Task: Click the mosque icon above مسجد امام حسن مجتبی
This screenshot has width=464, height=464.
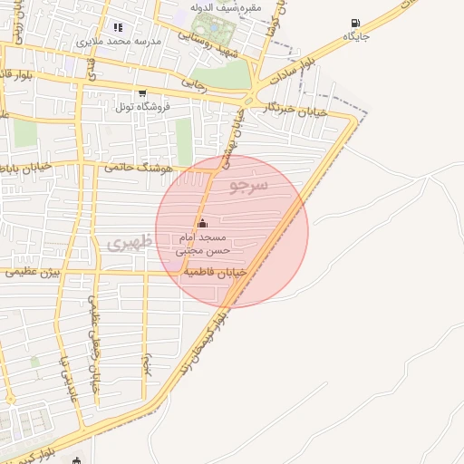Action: pyautogui.click(x=201, y=224)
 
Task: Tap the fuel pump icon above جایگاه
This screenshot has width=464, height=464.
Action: pyautogui.click(x=353, y=23)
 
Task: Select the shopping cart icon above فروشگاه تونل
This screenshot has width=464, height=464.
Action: pyautogui.click(x=141, y=93)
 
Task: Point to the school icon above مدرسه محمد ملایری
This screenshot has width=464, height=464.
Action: pyautogui.click(x=118, y=28)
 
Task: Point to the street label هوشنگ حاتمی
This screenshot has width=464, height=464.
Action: pyautogui.click(x=132, y=166)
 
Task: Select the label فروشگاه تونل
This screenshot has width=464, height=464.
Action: pyautogui.click(x=142, y=107)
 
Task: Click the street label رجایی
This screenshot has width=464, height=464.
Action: pyautogui.click(x=194, y=81)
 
